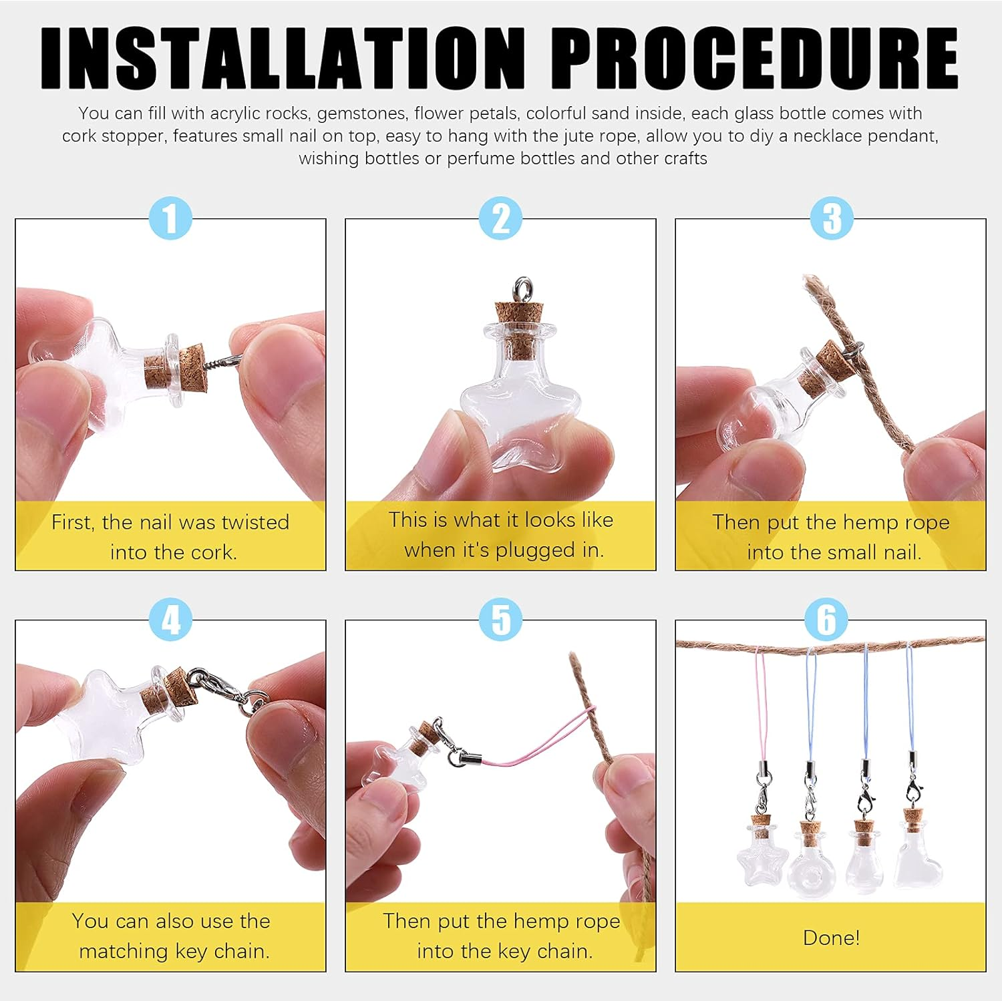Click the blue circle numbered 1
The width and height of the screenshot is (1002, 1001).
(170, 218)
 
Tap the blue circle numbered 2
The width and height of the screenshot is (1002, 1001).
(500, 218)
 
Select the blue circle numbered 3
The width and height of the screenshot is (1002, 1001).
(831, 218)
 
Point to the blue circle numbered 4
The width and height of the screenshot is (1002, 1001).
(170, 619)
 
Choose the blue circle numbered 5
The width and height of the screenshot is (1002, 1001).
(500, 619)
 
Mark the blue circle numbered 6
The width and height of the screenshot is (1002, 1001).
(826, 619)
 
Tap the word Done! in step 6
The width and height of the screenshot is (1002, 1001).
(831, 938)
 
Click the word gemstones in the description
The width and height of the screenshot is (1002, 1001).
(361, 114)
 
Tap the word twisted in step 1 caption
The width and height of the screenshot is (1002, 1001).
(255, 522)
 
